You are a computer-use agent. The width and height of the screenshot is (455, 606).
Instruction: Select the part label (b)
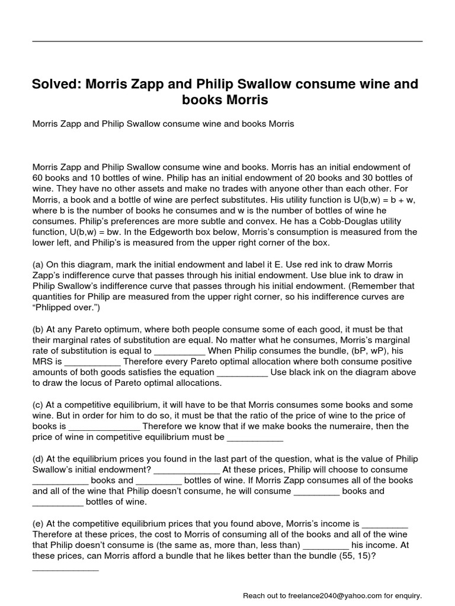coord(38,329)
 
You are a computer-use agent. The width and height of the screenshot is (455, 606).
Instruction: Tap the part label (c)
coord(38,405)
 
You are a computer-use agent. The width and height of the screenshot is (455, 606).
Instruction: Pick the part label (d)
coord(38,459)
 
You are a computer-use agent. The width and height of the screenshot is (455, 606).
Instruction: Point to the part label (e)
coord(38,524)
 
